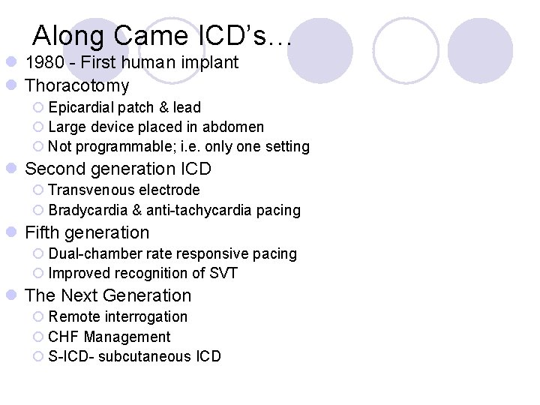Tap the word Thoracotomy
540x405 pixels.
(77, 85)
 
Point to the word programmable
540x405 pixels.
(121, 146)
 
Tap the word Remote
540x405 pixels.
(72, 317)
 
